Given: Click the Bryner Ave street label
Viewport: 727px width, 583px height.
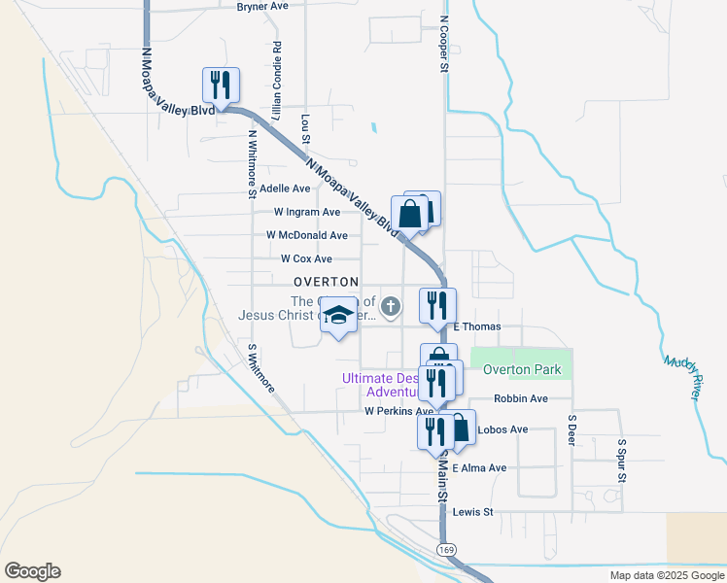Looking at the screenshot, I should click(x=262, y=6).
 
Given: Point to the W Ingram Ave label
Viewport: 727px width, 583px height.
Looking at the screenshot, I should click(x=306, y=212).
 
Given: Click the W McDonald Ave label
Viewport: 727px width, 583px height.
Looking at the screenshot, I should click(x=306, y=235).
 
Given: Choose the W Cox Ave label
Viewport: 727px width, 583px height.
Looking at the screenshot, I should click(x=306, y=259).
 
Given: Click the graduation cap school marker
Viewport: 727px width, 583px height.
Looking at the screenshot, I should click(x=338, y=317).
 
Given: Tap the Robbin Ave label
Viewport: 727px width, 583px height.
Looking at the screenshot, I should click(x=520, y=398).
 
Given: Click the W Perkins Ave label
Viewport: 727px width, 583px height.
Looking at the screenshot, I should click(x=398, y=412).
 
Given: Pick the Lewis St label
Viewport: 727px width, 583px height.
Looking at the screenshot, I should click(x=474, y=511).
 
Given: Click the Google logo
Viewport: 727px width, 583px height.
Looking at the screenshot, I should click(x=32, y=571).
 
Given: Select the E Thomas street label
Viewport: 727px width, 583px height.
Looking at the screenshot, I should click(x=476, y=326).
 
